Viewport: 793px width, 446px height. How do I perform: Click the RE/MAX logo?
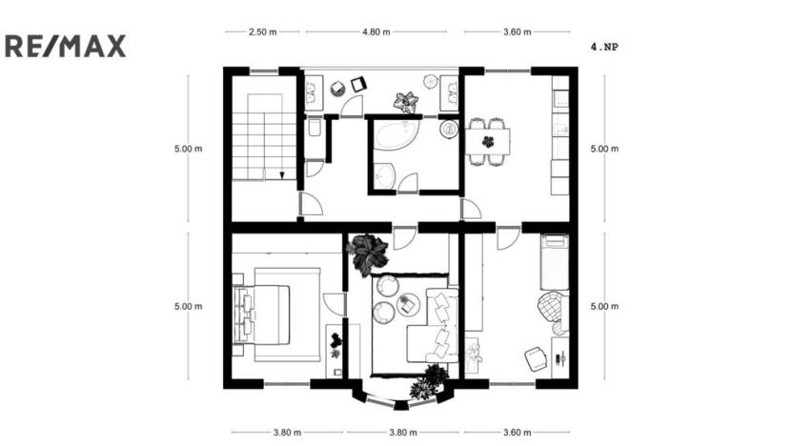(x=66, y=46)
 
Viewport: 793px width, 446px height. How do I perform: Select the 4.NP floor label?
(x=604, y=46)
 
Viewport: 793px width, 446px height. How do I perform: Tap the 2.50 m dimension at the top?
(x=262, y=31)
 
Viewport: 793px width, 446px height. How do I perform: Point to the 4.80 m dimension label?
(x=376, y=31)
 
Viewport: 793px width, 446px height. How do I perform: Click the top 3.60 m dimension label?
(x=517, y=31)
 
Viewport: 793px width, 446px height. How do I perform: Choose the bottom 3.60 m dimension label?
(x=517, y=432)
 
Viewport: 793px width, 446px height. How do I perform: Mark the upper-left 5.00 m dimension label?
(x=188, y=149)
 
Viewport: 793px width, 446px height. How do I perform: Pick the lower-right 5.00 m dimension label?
(x=604, y=306)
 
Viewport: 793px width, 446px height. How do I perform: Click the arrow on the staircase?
(x=282, y=174)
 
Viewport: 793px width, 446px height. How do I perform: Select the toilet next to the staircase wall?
(x=314, y=129)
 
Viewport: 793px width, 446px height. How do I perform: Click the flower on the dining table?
(x=488, y=141)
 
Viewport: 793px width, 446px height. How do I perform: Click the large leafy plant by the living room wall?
(x=367, y=253)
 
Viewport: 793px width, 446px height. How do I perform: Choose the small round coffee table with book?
(x=410, y=304)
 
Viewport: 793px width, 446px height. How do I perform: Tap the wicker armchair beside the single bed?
(x=551, y=307)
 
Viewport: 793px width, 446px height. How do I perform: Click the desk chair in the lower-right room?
(x=536, y=358)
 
